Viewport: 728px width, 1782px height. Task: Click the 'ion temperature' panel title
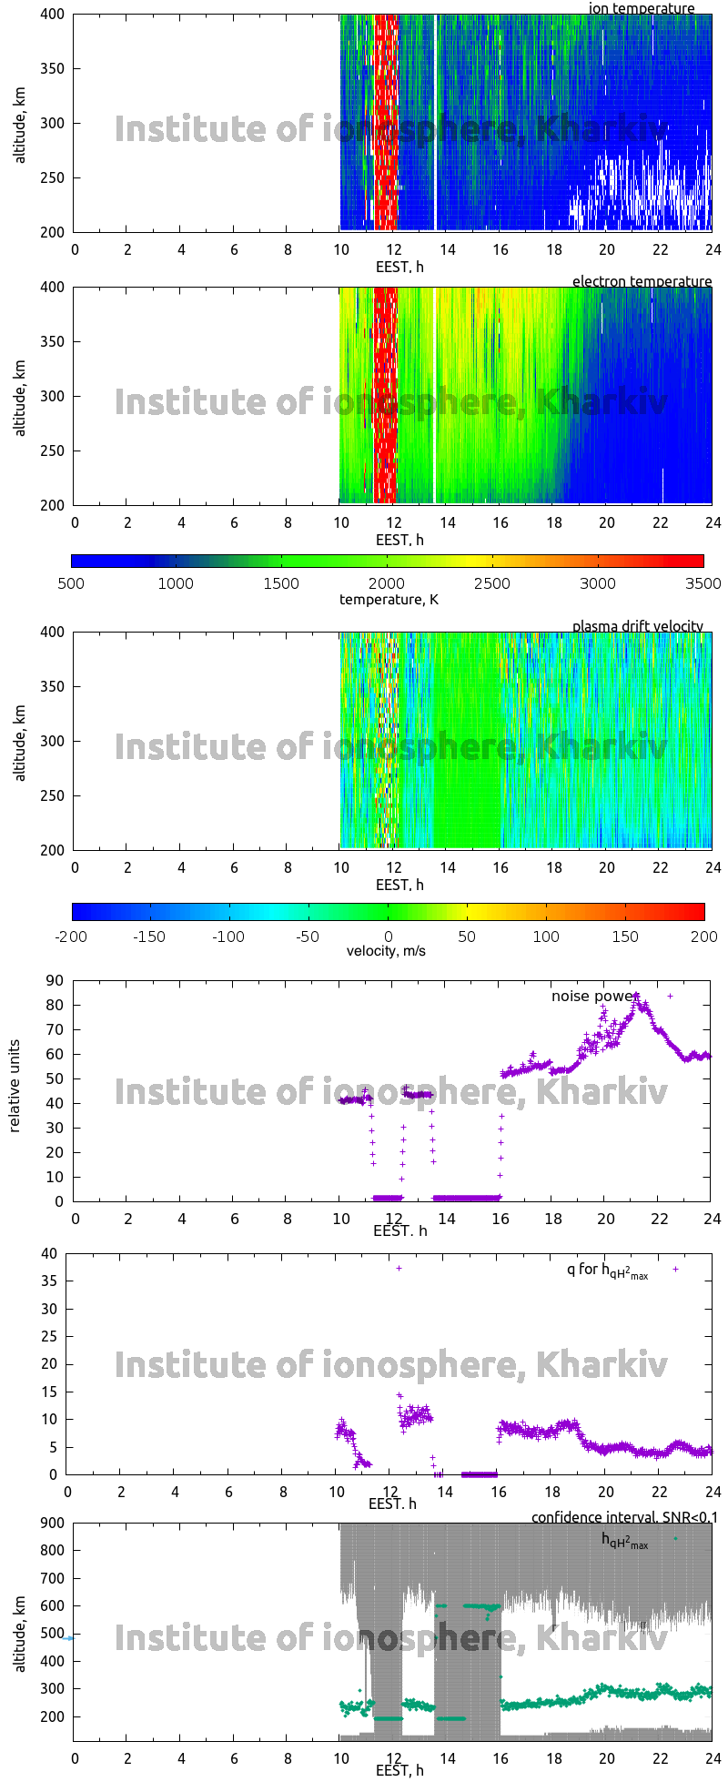[642, 8]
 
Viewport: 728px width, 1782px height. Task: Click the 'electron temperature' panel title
[642, 281]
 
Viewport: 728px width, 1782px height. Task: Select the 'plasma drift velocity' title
[637, 626]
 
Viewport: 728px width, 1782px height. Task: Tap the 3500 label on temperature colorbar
[703, 583]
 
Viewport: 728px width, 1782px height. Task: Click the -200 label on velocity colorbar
[71, 936]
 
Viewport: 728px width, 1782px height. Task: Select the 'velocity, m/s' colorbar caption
[386, 951]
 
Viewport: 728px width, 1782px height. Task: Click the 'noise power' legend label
[591, 997]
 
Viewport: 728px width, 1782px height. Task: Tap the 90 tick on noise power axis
[56, 980]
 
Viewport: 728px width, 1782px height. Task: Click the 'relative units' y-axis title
[15, 1090]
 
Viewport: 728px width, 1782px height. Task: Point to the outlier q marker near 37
[399, 1268]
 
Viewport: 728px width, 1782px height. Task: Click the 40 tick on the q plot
[49, 1253]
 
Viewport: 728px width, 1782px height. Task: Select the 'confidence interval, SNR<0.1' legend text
[624, 1517]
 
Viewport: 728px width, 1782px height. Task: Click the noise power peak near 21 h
[636, 997]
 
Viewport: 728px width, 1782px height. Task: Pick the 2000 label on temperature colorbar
[387, 583]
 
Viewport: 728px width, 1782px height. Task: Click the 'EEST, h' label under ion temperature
[399, 267]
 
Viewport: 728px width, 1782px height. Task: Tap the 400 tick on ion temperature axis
[52, 15]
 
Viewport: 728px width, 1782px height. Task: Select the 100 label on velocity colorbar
[546, 936]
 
